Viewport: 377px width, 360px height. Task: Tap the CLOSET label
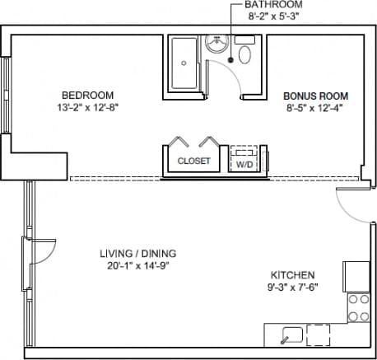point(194,161)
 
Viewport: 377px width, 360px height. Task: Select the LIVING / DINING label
point(133,254)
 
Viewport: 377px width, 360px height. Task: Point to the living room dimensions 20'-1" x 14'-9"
point(133,266)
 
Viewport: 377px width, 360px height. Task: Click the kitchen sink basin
point(289,334)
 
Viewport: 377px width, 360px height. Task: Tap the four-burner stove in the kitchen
point(358,307)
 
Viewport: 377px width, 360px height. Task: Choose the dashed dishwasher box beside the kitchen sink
point(318,334)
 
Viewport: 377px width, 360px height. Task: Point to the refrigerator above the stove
point(357,274)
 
